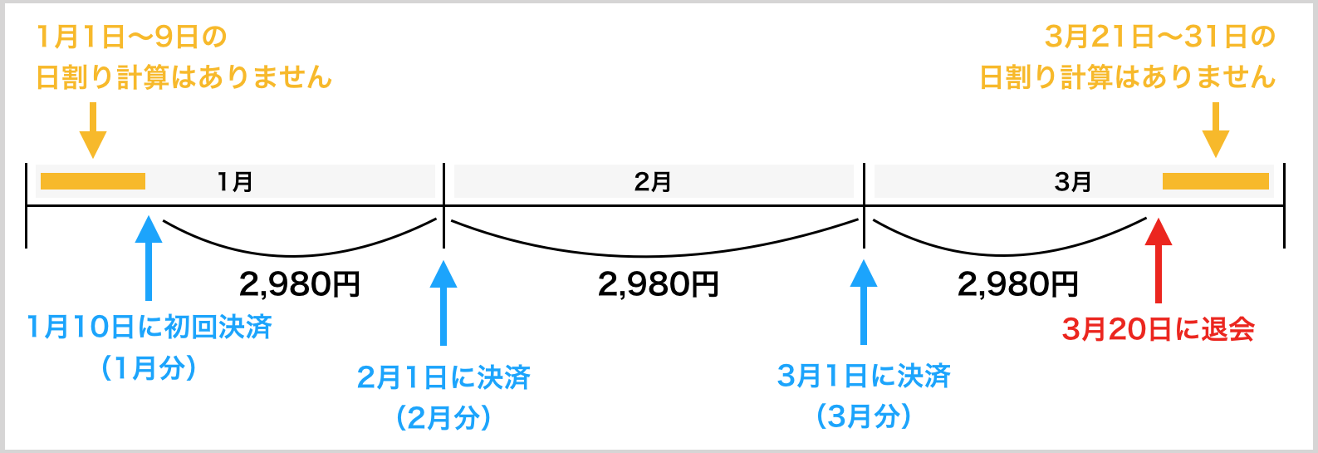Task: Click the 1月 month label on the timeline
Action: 235,182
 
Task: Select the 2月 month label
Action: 653,182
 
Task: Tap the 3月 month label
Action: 1073,182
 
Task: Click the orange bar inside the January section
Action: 93,181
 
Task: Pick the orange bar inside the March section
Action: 1216,181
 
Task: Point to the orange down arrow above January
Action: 93,130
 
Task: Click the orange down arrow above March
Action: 1216,130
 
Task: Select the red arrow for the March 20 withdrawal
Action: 1159,260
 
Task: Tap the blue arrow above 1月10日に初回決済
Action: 149,258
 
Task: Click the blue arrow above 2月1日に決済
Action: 443,303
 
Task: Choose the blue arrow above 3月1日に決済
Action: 864,303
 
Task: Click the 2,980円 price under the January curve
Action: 300,284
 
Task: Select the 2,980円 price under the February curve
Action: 659,284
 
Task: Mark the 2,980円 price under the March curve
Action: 1018,284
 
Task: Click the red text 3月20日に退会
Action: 1159,329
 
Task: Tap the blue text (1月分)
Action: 149,369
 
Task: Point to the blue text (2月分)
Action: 443,418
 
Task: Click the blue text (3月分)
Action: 864,417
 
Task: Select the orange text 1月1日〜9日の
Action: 132,37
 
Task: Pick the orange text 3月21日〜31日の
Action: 1159,37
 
